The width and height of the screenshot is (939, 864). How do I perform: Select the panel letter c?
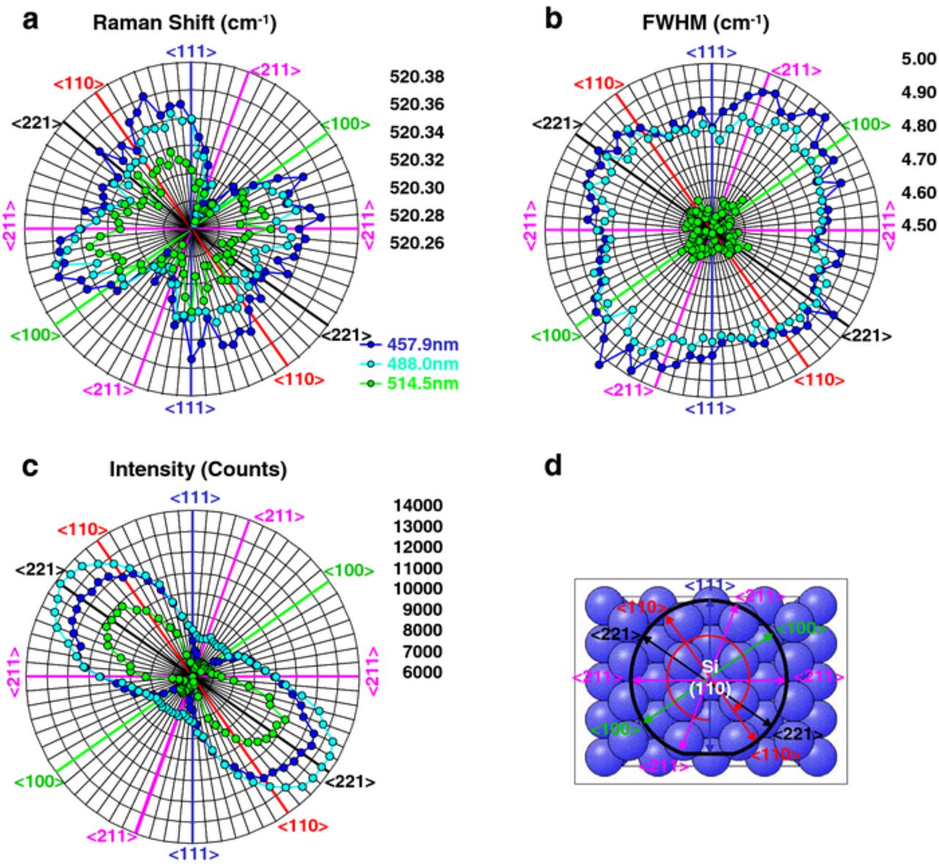(30, 466)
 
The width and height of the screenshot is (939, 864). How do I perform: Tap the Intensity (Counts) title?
(198, 469)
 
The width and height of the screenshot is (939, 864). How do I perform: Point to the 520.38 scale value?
(417, 77)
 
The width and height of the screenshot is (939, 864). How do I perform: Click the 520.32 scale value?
(417, 160)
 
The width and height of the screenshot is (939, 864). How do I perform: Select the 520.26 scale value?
(417, 243)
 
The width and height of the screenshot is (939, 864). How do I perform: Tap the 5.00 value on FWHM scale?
(918, 59)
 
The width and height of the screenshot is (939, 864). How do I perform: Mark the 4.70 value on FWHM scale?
(918, 159)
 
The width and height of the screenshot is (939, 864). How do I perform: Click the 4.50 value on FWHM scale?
(918, 225)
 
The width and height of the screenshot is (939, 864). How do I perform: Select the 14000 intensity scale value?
(417, 505)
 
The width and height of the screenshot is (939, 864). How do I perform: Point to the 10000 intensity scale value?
(417, 589)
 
